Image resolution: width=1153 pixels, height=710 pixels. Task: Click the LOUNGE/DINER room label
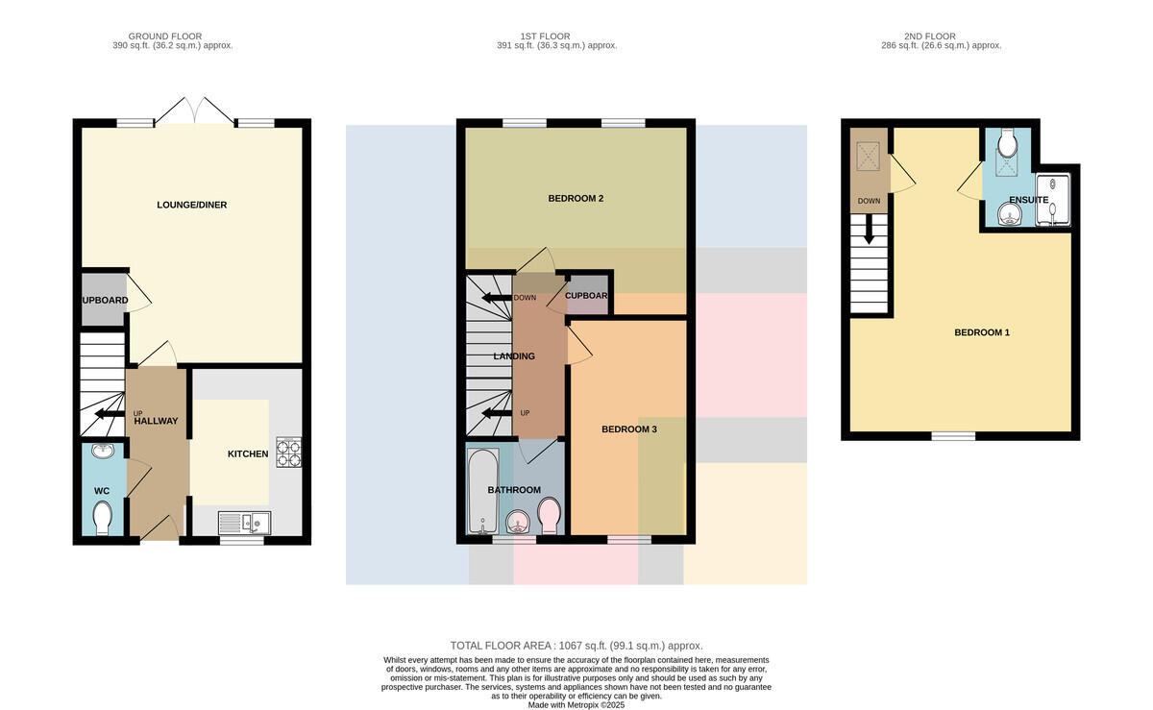191,205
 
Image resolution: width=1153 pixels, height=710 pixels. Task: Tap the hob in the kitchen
288,453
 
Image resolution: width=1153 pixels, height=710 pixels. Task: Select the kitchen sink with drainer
244,523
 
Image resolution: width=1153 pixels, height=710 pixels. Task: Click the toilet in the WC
102,518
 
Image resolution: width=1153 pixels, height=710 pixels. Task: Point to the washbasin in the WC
103,451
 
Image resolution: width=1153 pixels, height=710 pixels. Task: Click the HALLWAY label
156,421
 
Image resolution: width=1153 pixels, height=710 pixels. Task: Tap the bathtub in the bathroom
482,491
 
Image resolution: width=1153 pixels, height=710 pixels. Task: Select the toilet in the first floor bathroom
549,515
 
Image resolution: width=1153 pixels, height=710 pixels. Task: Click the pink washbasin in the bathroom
518,523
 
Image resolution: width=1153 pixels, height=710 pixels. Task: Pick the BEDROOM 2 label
576,198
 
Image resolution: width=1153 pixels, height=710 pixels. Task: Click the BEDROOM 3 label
629,429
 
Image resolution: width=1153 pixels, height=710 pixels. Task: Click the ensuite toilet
1007,142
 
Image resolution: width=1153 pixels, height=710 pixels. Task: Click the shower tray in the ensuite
1053,201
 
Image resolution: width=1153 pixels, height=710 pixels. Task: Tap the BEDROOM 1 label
982,332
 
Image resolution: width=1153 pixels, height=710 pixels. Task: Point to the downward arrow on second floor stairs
869,229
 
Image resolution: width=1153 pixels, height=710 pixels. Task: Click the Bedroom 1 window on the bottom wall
953,436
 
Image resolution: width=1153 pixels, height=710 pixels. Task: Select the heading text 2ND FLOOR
930,37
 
